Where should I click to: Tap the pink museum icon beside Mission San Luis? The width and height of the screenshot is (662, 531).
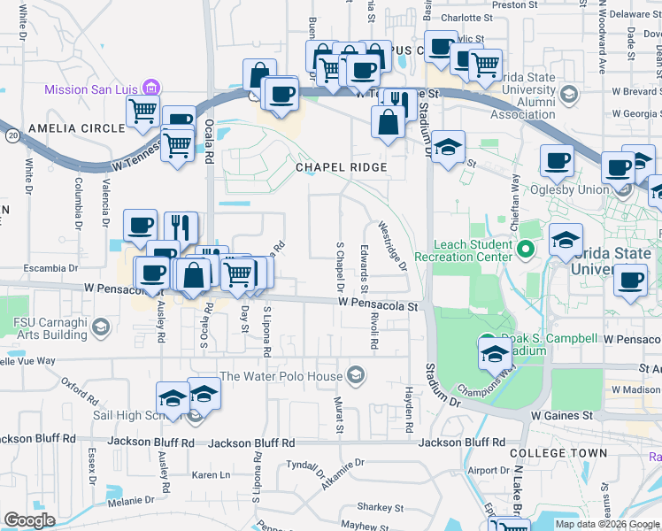coord(151,88)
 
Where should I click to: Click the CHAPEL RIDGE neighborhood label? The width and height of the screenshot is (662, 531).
coord(341,167)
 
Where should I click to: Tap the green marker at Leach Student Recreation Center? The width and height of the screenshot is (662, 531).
coord(526,250)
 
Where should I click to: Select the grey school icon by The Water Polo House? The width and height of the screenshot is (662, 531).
coord(355,376)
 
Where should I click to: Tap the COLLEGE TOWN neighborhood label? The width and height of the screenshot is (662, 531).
coord(558,452)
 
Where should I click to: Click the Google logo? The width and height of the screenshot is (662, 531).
coord(29,520)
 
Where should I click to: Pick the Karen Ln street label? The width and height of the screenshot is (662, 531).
coord(211,475)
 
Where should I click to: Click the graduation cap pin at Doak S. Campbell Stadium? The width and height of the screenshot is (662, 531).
coord(494,355)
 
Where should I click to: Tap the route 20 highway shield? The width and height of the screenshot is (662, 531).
coord(12,135)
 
